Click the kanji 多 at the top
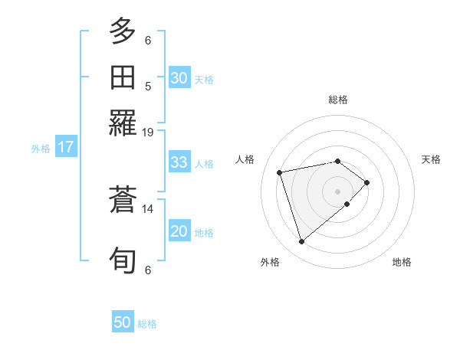pos(123,32)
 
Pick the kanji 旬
pos(123,260)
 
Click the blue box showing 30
pos(179,78)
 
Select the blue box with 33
pos(179,162)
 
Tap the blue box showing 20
pos(179,231)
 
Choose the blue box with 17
pos(66,147)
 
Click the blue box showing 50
pos(123,322)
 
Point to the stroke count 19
pos(148,132)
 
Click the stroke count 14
pos(148,208)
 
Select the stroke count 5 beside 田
pos(148,87)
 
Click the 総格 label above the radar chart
pos(338,100)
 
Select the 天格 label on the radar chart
pos(431,159)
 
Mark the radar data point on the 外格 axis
pos(301,242)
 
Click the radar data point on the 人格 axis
pos(281,172)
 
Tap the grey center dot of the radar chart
pos(338,191)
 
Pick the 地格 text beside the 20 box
pos(204,233)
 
